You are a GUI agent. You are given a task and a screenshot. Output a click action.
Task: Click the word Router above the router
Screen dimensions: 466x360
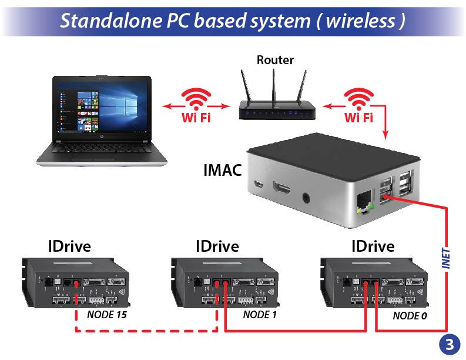point(275,60)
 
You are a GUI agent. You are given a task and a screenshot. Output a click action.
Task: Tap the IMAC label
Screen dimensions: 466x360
point(223,171)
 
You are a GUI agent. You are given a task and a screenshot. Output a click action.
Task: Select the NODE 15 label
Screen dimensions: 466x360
point(107,315)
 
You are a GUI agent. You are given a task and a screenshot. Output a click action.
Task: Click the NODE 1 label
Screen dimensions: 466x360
point(260,315)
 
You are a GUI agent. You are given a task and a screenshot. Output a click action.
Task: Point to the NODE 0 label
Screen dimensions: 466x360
point(410,316)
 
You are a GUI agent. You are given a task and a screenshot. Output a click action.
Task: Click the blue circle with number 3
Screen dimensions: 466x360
point(450,345)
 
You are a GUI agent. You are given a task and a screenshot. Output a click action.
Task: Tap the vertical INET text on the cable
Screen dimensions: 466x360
point(446,258)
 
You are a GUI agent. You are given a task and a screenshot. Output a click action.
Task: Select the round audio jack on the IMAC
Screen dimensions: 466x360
point(306,198)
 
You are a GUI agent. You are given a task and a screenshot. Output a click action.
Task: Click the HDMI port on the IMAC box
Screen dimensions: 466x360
point(281,188)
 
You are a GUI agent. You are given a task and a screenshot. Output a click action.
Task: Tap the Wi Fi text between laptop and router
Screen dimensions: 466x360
point(196,118)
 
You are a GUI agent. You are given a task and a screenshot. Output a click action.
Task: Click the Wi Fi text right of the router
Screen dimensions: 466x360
point(358,118)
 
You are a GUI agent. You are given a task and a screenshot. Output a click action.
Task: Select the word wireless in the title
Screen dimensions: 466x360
point(361,21)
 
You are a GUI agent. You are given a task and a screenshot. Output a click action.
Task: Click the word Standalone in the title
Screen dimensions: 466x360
point(111,21)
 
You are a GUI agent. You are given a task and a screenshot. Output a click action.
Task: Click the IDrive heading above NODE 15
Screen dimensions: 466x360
point(69,246)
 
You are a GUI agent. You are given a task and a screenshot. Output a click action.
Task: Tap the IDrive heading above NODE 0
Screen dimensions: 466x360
point(373,246)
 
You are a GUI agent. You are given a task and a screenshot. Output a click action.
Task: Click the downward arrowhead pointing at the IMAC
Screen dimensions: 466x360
point(385,135)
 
